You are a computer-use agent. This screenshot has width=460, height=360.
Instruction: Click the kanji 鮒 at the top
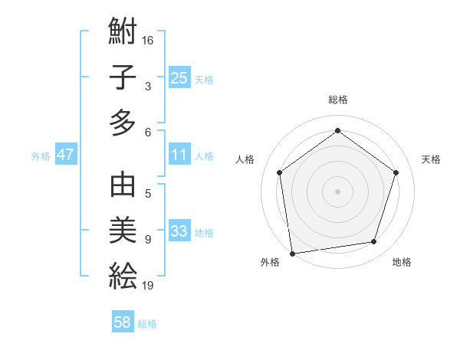coord(123,32)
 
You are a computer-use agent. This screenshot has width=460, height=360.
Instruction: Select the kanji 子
coord(123,77)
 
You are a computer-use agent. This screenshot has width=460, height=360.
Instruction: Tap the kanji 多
coord(123,123)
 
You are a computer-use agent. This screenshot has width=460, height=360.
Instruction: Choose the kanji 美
coord(123,231)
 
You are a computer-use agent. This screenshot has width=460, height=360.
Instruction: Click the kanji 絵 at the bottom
coord(123,276)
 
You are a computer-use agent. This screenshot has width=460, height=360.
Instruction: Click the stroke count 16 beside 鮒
coord(149,40)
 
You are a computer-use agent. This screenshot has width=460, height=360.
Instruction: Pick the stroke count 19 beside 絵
coord(149,286)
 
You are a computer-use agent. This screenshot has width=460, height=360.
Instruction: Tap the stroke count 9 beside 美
coord(148,240)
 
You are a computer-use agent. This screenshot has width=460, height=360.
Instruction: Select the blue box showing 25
coord(179,78)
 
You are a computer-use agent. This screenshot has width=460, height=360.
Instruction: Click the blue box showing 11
coord(179,155)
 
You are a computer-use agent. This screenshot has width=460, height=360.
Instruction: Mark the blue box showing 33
coord(179,231)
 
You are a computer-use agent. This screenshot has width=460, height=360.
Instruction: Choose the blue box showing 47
coord(66,155)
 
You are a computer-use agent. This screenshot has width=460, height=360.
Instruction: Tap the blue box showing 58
coord(123,322)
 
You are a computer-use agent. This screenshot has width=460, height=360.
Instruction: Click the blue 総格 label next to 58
coord(147,324)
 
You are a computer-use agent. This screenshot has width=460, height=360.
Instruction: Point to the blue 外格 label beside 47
coord(41,156)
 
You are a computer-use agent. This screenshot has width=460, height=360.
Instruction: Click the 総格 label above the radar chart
coord(338,100)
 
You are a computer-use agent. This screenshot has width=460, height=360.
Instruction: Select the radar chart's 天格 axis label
coord(431,159)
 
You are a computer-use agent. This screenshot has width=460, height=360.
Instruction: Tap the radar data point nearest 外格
coord(292,252)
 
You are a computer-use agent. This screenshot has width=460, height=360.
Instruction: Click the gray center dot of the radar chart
coord(338,191)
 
